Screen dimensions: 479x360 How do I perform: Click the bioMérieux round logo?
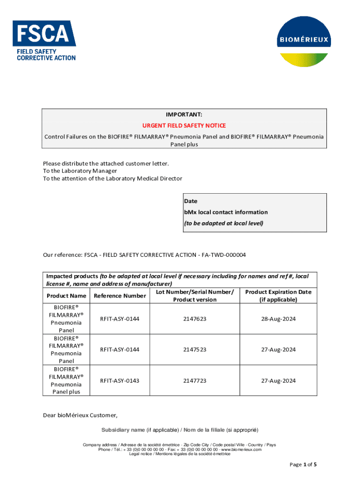(x=303, y=41)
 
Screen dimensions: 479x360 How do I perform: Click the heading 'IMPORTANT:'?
(x=184, y=115)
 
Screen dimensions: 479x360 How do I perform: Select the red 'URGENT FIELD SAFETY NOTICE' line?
(x=184, y=126)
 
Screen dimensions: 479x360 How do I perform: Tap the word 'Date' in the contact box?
(x=191, y=201)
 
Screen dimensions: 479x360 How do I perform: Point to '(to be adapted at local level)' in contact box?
(x=223, y=224)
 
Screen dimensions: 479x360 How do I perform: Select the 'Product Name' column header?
(x=66, y=296)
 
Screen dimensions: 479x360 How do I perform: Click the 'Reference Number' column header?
(x=120, y=296)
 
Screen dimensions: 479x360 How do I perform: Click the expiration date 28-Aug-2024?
(x=278, y=319)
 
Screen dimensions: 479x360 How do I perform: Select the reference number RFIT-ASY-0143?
(x=120, y=381)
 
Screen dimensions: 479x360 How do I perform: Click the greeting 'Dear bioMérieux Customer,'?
(x=80, y=415)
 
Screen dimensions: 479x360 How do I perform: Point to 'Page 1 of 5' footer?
(x=303, y=464)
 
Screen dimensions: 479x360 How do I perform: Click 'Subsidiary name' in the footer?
(x=123, y=430)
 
